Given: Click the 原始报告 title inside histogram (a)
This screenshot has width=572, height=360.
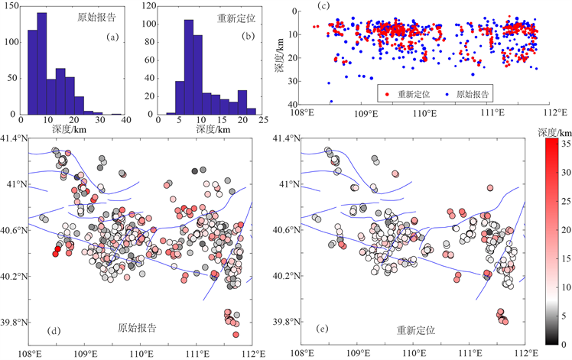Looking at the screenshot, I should [97, 17].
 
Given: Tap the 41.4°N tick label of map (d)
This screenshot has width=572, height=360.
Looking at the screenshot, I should [15, 138].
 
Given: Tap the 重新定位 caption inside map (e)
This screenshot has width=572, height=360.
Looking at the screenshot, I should [415, 330].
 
